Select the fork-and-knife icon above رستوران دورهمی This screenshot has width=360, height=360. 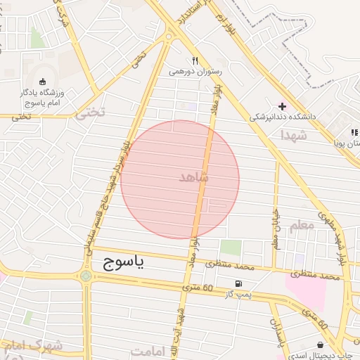pyautogui.click(x=195, y=60)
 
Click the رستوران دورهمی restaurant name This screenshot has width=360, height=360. pyautogui.click(x=195, y=71)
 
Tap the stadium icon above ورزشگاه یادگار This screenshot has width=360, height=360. pyautogui.click(x=43, y=81)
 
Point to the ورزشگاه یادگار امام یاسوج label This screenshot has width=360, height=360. pyautogui.click(x=44, y=96)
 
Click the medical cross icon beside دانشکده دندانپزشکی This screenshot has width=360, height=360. pyautogui.click(x=282, y=107)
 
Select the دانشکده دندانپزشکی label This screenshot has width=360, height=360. pyautogui.click(x=278, y=117)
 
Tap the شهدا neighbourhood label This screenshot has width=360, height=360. pyautogui.click(x=293, y=134)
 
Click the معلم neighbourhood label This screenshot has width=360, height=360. pyautogui.click(x=301, y=226)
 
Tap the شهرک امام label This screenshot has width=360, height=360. pyautogui.click(x=34, y=346)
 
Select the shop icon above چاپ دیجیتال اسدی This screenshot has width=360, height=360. pyautogui.click(x=321, y=345)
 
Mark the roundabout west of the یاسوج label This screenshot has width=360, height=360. pyautogui.click(x=86, y=276)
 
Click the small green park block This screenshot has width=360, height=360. pyautogui.click(x=231, y=247)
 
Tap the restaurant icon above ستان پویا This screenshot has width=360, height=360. pyautogui.click(x=355, y=132)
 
